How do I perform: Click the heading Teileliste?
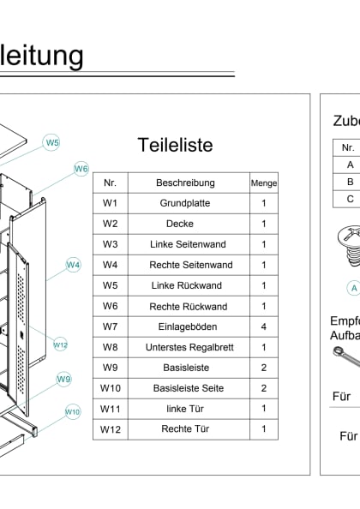coord(175,145)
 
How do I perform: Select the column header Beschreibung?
coord(185,183)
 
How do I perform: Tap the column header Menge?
coord(263,183)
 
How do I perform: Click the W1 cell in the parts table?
coord(110,203)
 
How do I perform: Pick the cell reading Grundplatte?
coord(185,203)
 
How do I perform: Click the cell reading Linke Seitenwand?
coord(185,244)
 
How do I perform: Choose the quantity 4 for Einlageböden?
coord(263,326)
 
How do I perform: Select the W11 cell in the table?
coord(110,409)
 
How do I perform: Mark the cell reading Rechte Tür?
coord(185,429)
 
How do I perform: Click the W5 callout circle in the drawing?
coord(52,142)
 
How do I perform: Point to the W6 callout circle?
coord(81,169)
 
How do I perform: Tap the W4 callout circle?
coord(73,265)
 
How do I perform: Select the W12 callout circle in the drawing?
coord(60,344)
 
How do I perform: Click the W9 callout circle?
coord(64,379)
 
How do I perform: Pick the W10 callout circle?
coord(73,411)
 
